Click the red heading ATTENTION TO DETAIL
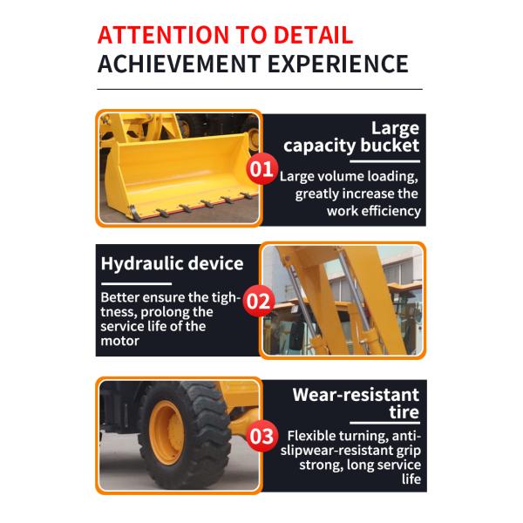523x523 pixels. point(225,35)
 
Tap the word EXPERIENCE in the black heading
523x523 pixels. point(338,64)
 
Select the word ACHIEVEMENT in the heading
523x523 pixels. point(179,64)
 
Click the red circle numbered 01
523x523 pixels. point(261,169)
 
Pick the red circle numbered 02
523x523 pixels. point(259,302)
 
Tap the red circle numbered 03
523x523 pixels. point(262,436)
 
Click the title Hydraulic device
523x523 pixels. point(172,264)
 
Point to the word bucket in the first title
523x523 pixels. point(390,146)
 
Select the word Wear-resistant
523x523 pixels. point(356,395)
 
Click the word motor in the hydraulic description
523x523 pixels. point(119,341)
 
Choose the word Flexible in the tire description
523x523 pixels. point(311,436)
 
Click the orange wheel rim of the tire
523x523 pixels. point(166,432)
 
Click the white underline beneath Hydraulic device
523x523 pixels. point(137,284)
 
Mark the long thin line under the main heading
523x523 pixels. point(260,90)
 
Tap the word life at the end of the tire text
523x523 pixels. point(411,479)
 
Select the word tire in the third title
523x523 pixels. point(404,412)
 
